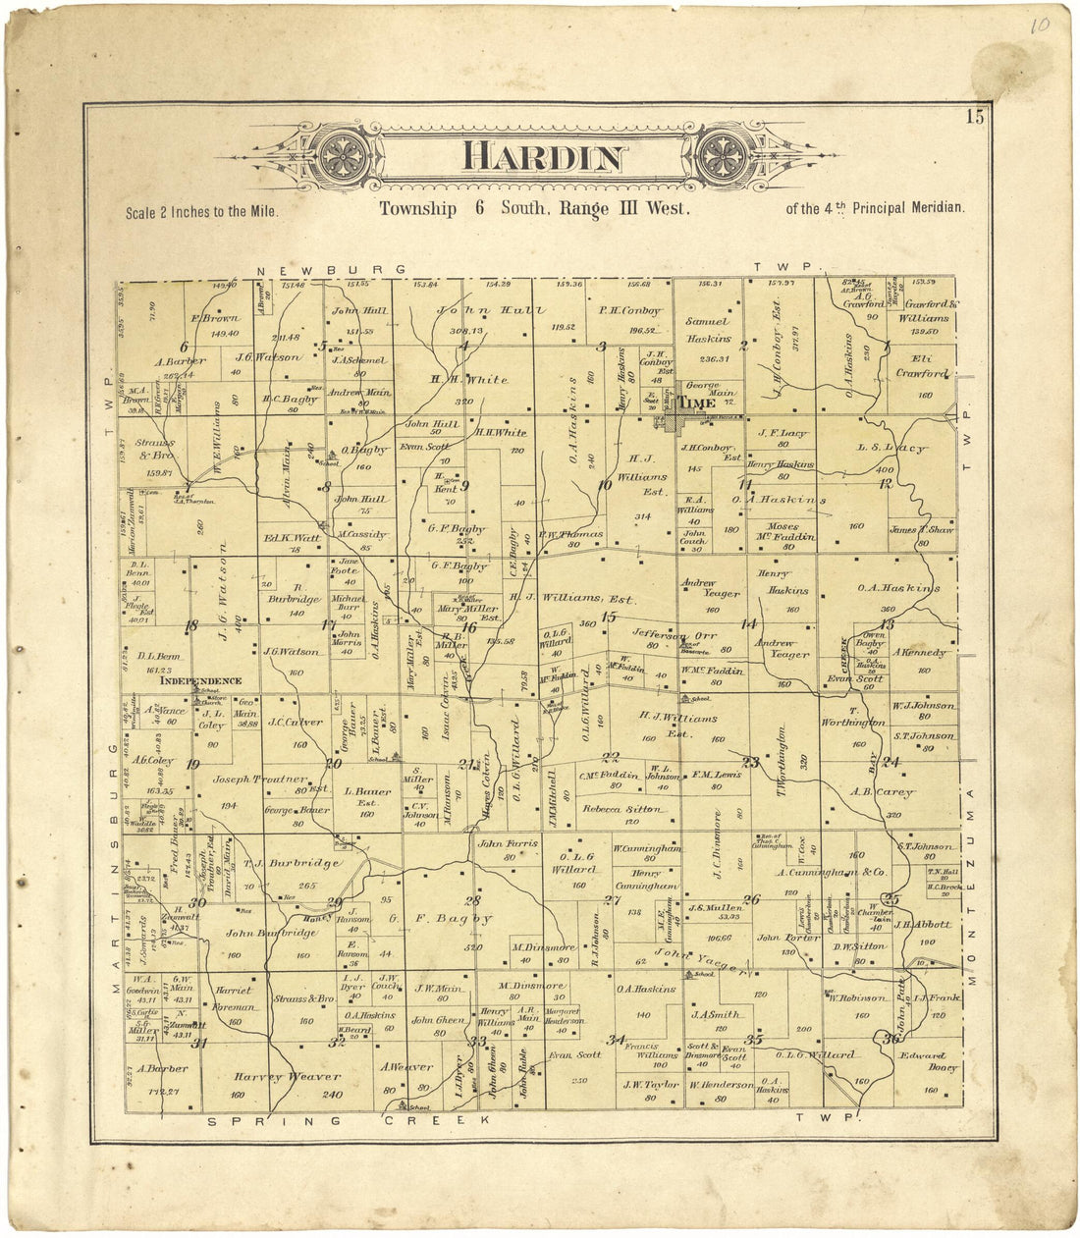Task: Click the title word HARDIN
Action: (543, 158)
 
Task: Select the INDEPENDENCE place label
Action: (200, 680)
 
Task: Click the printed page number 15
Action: (973, 119)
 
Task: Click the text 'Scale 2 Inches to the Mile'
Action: (202, 211)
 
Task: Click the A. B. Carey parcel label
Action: (881, 792)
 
